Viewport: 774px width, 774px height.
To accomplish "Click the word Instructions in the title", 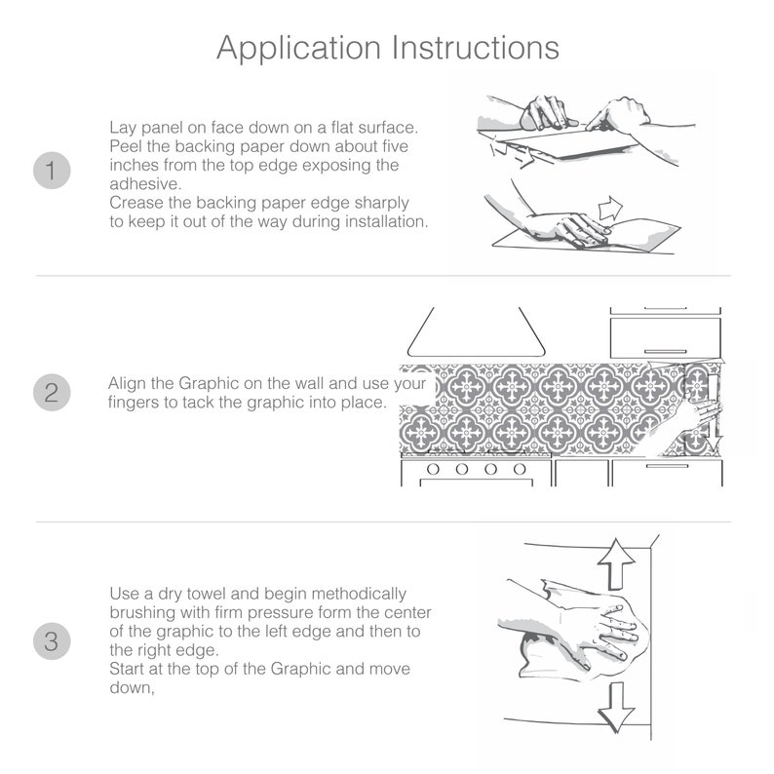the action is pyautogui.click(x=476, y=48).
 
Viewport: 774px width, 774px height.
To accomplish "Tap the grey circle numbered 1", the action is pyautogui.click(x=52, y=171).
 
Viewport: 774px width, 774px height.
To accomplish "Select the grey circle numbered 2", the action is pyautogui.click(x=52, y=393).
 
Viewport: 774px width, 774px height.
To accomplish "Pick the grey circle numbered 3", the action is pyautogui.click(x=52, y=641).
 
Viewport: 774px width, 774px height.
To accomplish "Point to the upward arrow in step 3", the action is pyautogui.click(x=616, y=563).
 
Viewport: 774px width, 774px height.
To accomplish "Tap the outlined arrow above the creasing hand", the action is pyautogui.click(x=610, y=208).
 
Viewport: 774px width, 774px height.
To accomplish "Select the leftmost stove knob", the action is pyautogui.click(x=433, y=469).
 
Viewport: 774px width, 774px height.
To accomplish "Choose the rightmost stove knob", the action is pyautogui.click(x=520, y=469).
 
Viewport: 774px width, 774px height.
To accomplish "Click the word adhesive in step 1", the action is pyautogui.click(x=145, y=183).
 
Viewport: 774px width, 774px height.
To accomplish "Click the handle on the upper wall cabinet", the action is pyautogui.click(x=666, y=352).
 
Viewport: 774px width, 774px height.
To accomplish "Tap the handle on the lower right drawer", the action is pyautogui.click(x=667, y=466).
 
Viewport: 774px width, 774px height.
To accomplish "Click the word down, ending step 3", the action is pyautogui.click(x=133, y=687).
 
